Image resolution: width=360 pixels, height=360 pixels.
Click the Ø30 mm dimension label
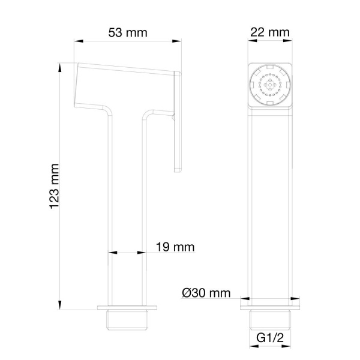(206, 293)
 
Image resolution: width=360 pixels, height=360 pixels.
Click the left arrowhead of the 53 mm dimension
(79, 41)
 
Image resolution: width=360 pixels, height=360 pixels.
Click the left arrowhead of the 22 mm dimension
(249, 41)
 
